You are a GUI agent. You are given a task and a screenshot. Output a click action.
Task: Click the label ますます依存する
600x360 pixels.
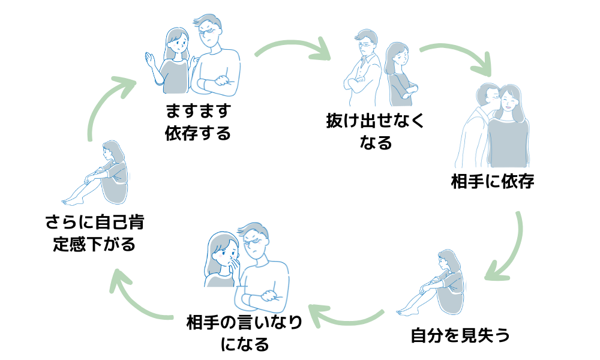coord(198,122)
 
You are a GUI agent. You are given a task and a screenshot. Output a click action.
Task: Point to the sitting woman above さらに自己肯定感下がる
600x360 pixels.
coord(105,174)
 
